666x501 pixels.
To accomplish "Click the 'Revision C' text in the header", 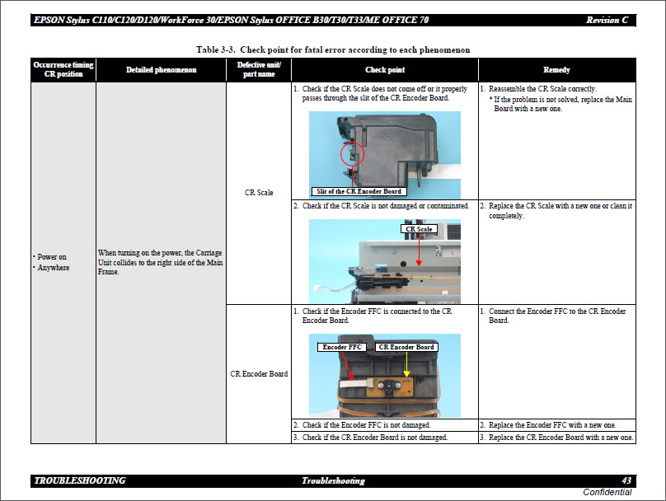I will point(611,20).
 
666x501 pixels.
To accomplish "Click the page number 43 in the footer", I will point(626,480).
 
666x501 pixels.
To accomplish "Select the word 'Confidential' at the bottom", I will point(607,492).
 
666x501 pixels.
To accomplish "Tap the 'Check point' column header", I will point(385,70).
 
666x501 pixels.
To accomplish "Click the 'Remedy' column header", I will point(556,70).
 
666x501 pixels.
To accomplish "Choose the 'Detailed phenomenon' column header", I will point(161,70).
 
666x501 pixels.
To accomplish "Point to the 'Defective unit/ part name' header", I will point(259,69).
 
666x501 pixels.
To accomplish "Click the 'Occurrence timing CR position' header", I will point(63,69).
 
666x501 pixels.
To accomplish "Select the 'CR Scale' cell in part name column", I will point(259,193).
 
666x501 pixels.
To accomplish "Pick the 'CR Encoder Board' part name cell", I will point(259,373).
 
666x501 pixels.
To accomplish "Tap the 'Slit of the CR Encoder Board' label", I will point(359,191).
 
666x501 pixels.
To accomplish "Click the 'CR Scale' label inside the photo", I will point(419,229).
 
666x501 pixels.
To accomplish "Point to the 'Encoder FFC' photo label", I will point(344,347).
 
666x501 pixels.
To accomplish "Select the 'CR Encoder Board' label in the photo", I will point(406,347).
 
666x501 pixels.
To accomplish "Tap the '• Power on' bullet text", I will point(51,256).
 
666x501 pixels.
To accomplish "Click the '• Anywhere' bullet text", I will point(52,268).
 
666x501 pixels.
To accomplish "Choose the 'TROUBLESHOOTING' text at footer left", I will point(80,480).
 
